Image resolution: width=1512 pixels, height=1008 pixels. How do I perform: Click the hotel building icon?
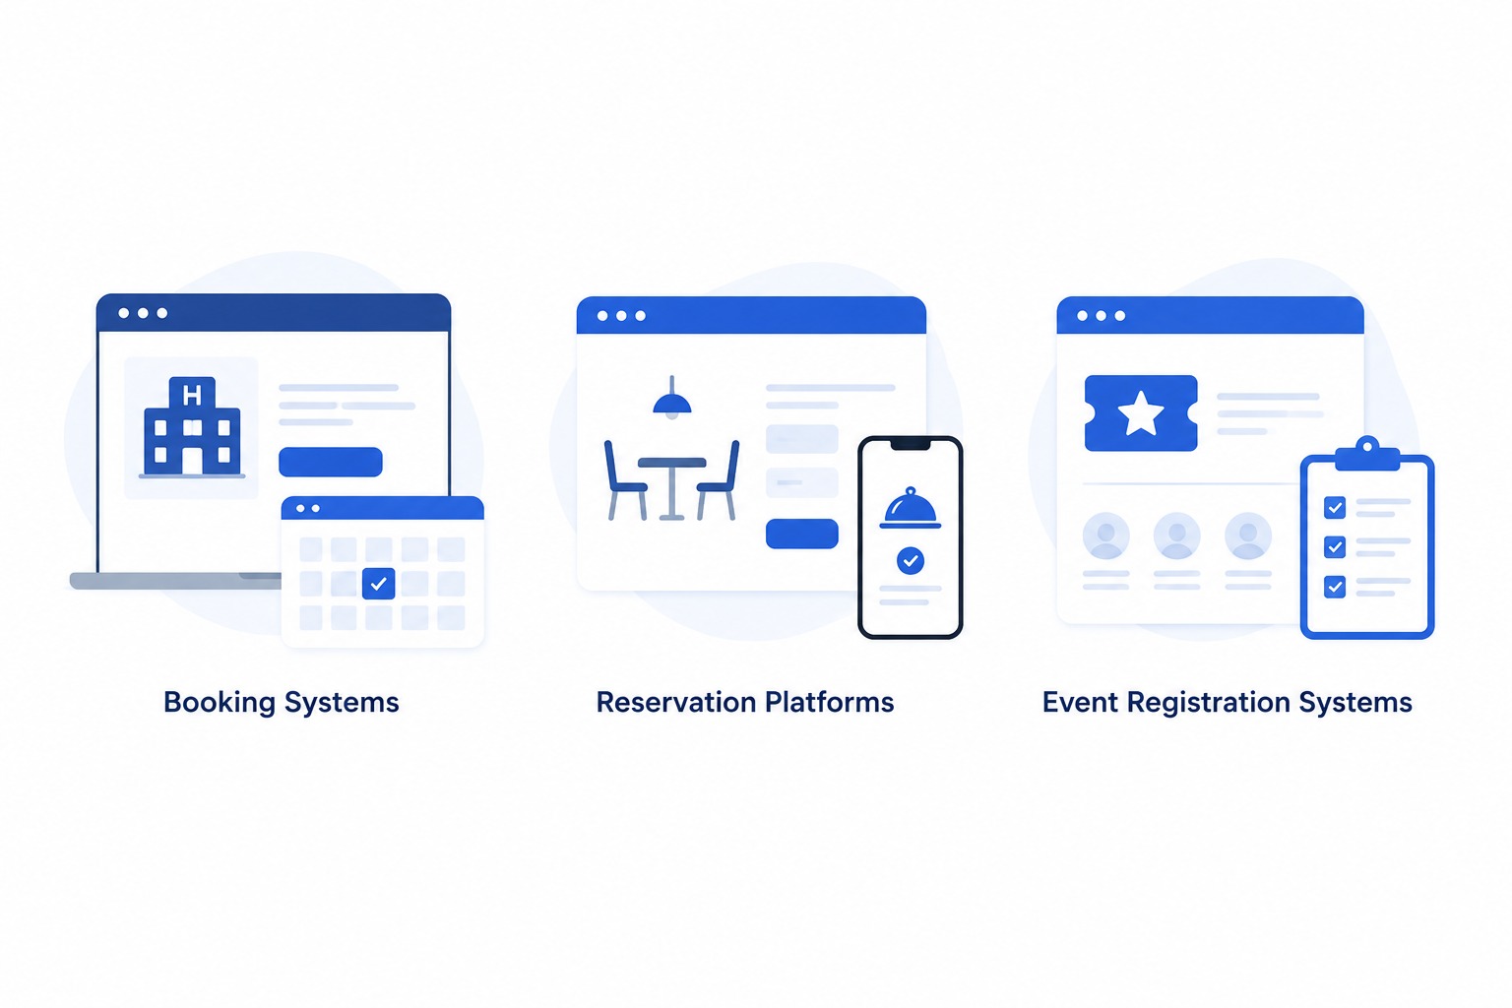(192, 426)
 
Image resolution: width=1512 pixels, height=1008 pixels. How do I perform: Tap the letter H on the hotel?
(192, 395)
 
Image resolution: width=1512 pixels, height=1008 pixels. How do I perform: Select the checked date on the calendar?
(379, 584)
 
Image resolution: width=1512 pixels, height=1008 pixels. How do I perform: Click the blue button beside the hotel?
(331, 462)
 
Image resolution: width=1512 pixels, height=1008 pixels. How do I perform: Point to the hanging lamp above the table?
(672, 398)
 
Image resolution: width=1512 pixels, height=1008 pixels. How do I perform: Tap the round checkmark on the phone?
(911, 560)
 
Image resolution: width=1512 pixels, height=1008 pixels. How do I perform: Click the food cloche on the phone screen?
(910, 508)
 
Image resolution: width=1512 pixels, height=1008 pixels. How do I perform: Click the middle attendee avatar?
(1177, 536)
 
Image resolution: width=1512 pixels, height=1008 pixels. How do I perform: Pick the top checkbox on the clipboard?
(1335, 507)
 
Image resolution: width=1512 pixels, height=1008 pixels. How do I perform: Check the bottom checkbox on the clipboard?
(1335, 587)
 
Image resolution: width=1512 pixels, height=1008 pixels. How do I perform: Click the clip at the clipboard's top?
(1367, 455)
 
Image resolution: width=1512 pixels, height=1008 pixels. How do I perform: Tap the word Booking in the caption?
(220, 703)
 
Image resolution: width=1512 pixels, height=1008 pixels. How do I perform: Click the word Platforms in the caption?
(830, 702)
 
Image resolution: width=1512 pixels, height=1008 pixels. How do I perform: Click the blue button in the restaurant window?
(802, 534)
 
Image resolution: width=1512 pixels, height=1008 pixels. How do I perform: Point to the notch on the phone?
(911, 444)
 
